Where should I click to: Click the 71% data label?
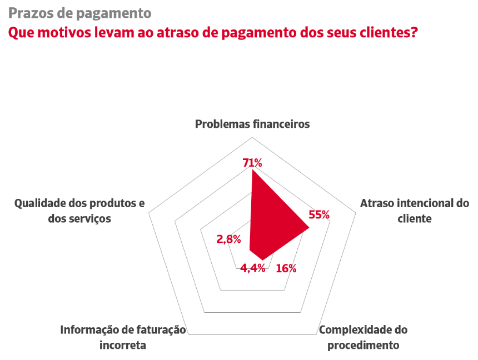click(x=252, y=162)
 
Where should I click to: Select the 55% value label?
click(x=319, y=214)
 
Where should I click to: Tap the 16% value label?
click(x=286, y=268)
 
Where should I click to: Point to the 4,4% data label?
click(x=252, y=268)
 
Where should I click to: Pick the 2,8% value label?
click(x=228, y=239)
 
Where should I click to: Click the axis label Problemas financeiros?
click(x=252, y=124)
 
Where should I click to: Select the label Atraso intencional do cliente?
click(x=414, y=211)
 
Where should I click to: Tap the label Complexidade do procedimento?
click(x=363, y=337)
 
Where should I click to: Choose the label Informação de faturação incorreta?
click(x=123, y=337)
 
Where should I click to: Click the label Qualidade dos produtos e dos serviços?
click(x=79, y=211)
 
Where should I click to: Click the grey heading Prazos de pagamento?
click(x=79, y=13)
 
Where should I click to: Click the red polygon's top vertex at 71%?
click(x=252, y=171)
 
